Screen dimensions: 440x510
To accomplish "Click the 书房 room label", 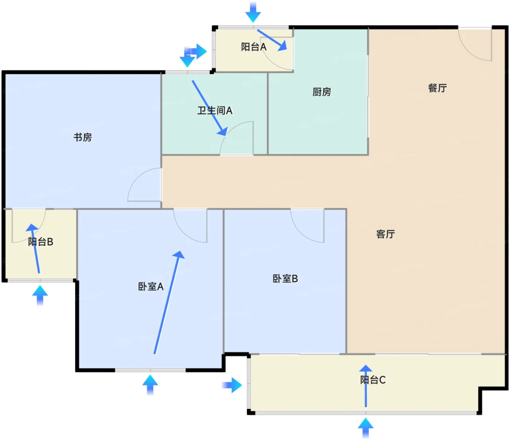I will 83,137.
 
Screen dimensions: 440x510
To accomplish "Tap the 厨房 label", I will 322,92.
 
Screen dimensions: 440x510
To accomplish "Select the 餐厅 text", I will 437,88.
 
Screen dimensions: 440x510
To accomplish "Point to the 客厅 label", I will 385,234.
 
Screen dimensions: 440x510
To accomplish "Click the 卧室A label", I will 150,287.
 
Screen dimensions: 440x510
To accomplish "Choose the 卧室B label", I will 285,279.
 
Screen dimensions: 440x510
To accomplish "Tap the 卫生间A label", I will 215,110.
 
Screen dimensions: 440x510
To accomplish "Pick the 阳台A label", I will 254,47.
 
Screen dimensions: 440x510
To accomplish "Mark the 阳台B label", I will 40,242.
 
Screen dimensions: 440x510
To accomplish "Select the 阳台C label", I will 373,380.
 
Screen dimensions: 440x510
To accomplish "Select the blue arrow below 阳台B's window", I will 40,295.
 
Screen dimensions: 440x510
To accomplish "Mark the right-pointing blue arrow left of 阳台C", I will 232,385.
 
